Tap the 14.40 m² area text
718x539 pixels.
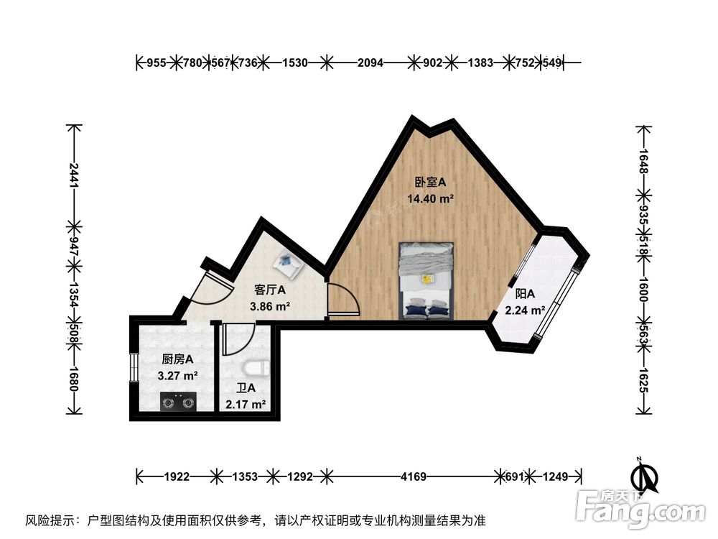click(430, 198)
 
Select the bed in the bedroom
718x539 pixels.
click(427, 280)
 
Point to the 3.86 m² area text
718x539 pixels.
click(270, 307)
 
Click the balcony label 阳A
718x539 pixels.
click(525, 293)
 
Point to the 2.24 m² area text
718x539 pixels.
click(525, 310)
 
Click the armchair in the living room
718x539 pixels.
click(291, 266)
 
